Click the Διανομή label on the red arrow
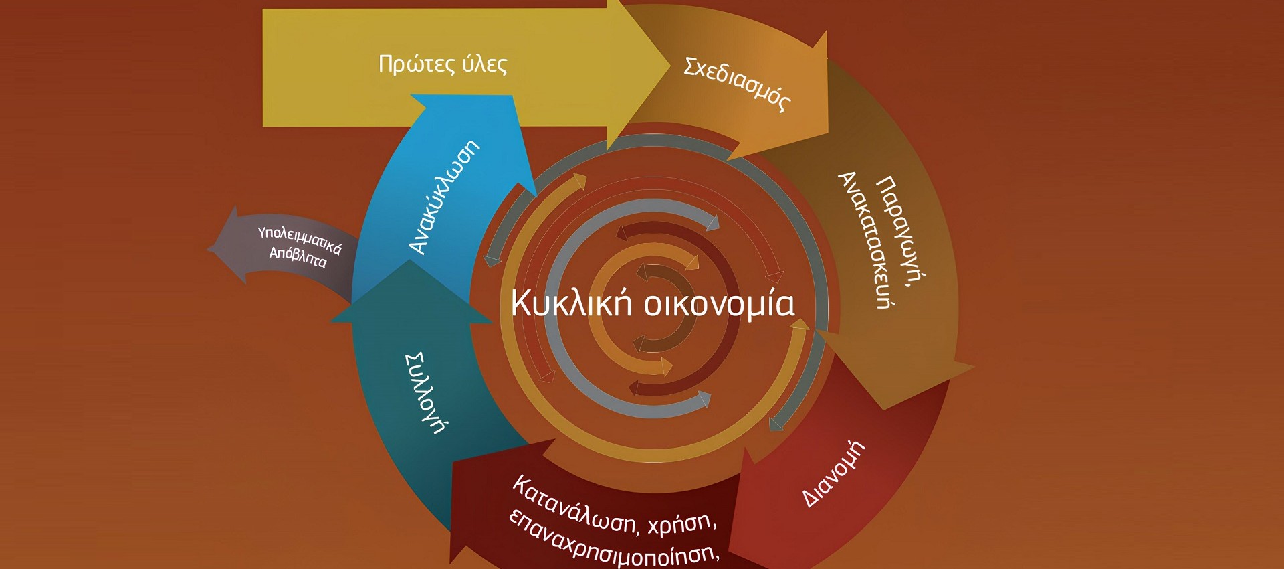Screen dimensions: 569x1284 tap(833, 473)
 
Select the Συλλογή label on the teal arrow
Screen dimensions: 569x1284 tap(425, 393)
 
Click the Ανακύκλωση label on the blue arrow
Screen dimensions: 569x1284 tap(444, 197)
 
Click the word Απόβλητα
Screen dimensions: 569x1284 tap(298, 256)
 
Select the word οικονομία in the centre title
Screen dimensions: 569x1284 tap(719, 303)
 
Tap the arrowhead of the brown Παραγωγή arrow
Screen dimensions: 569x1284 tap(973, 367)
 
